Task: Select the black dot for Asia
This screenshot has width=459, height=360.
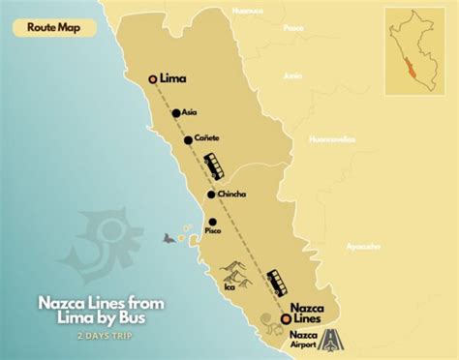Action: click(x=176, y=112)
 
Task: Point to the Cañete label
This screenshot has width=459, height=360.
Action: click(x=207, y=139)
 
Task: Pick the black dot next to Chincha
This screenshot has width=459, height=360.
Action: click(x=211, y=195)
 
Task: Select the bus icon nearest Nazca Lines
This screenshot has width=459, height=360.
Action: click(x=279, y=282)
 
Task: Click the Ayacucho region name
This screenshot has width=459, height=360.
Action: click(x=362, y=247)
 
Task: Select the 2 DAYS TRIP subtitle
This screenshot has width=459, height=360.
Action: click(x=102, y=334)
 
